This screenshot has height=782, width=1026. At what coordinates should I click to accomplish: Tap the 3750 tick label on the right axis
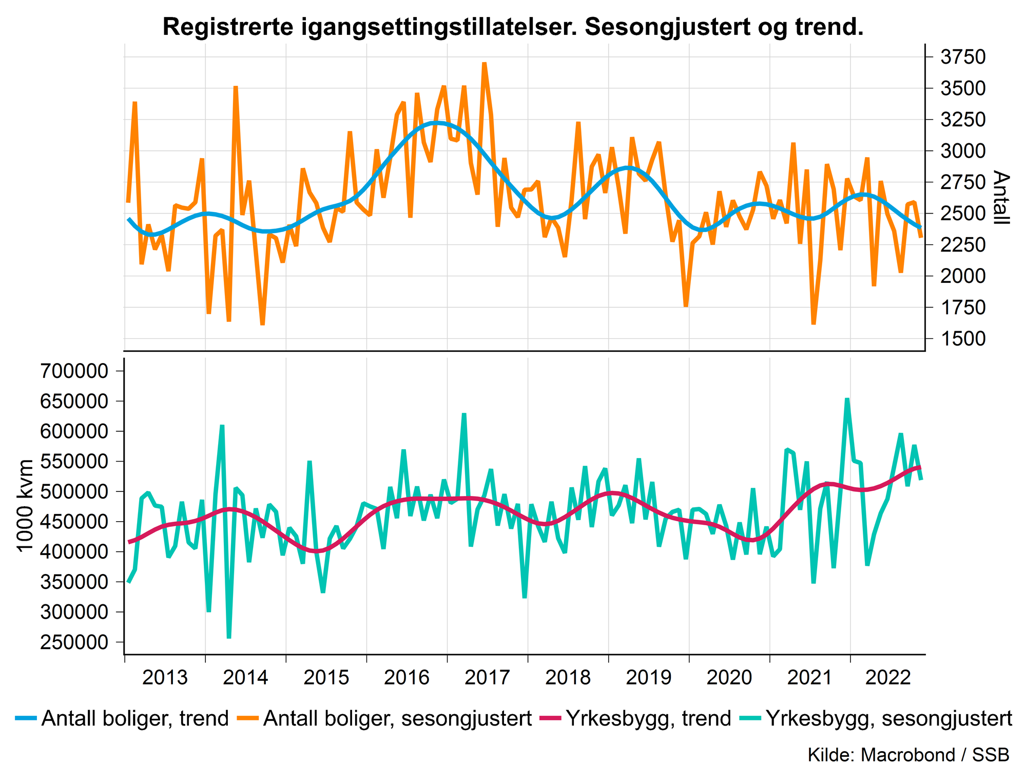pyautogui.click(x=963, y=58)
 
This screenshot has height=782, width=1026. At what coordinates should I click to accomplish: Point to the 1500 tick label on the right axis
pyautogui.click(x=963, y=339)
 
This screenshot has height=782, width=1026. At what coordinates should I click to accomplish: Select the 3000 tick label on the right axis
pyautogui.click(x=963, y=151)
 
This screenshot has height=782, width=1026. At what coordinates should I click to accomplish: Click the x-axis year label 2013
pyautogui.click(x=165, y=678)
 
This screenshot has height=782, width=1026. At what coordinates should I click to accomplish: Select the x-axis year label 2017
pyautogui.click(x=487, y=678)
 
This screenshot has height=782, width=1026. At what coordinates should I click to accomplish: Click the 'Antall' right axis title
pyautogui.click(x=1000, y=198)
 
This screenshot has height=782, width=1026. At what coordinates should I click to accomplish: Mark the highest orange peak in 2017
pyautogui.click(x=484, y=63)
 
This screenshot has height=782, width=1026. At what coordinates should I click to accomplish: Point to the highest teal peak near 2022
pyautogui.click(x=847, y=399)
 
